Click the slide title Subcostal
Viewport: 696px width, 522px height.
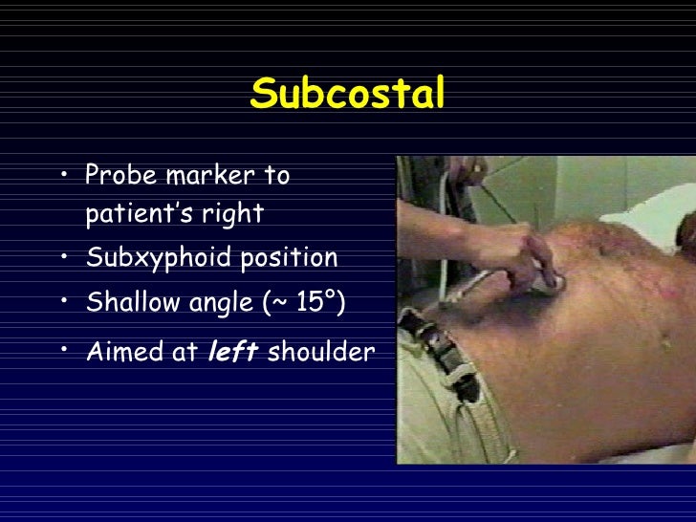(347, 94)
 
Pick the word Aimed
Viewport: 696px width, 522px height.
(118, 352)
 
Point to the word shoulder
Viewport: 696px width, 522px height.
(320, 352)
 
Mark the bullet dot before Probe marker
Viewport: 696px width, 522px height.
(63, 175)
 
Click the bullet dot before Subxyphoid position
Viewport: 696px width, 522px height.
(63, 255)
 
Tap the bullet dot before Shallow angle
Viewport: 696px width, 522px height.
(63, 301)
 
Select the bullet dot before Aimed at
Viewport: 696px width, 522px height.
(63, 349)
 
